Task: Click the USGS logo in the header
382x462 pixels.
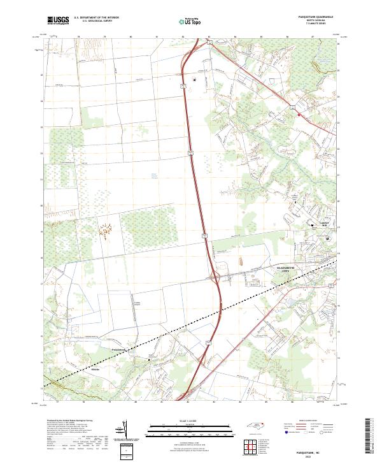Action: point(58,21)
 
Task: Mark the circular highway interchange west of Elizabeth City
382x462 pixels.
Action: point(215,277)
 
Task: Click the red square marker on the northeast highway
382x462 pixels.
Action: point(297,115)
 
